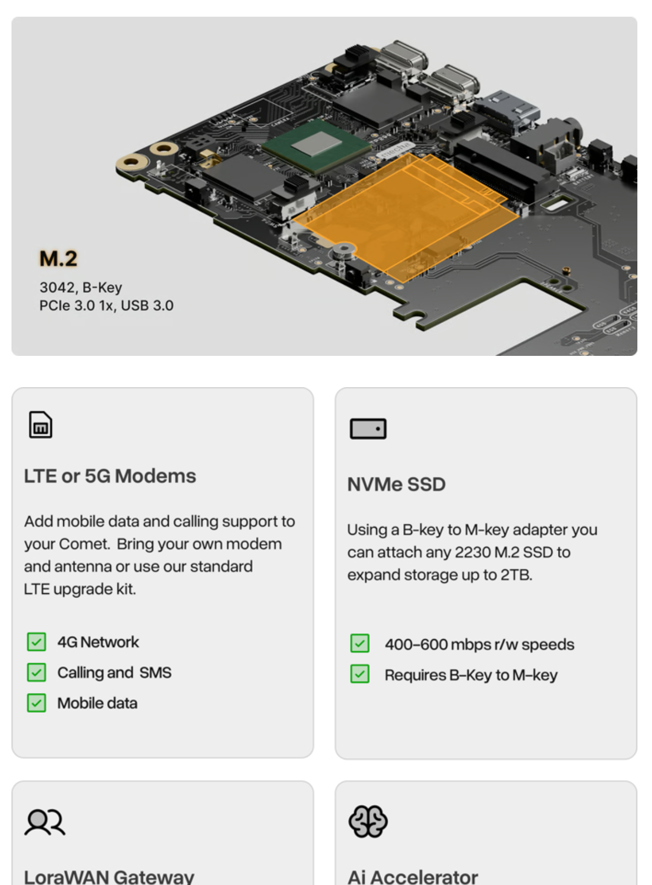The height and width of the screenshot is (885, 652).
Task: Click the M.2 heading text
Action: pyautogui.click(x=58, y=259)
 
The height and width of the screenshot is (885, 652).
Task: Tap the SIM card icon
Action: pyautogui.click(x=40, y=425)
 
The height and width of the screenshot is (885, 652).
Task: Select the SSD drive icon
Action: pyautogui.click(x=368, y=429)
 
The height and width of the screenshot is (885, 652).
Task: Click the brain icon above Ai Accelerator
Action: pyautogui.click(x=368, y=821)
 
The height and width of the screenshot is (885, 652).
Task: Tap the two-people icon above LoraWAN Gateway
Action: pyautogui.click(x=45, y=822)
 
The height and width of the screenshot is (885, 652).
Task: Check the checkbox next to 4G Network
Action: pyautogui.click(x=37, y=642)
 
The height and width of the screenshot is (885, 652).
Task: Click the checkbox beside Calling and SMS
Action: pyautogui.click(x=37, y=673)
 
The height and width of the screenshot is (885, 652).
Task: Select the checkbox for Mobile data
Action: pyautogui.click(x=37, y=703)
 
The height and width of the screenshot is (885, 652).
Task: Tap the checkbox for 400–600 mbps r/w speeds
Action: pyautogui.click(x=360, y=643)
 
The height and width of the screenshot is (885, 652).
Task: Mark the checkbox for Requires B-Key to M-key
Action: pyautogui.click(x=360, y=674)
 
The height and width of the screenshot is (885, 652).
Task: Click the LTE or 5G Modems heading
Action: pyautogui.click(x=110, y=476)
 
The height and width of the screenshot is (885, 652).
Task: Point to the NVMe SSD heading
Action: pyautogui.click(x=397, y=484)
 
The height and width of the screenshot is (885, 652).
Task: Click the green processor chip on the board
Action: pyautogui.click(x=317, y=146)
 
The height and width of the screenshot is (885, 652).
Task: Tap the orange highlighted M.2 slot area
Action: pyautogui.click(x=405, y=217)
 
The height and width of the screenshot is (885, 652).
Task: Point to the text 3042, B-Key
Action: pyautogui.click(x=80, y=288)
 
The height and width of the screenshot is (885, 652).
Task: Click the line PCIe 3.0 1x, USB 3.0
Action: pyautogui.click(x=107, y=306)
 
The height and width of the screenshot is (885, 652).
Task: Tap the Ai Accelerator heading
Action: pyautogui.click(x=413, y=877)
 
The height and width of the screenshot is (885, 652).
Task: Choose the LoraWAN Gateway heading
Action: pyautogui.click(x=109, y=877)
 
